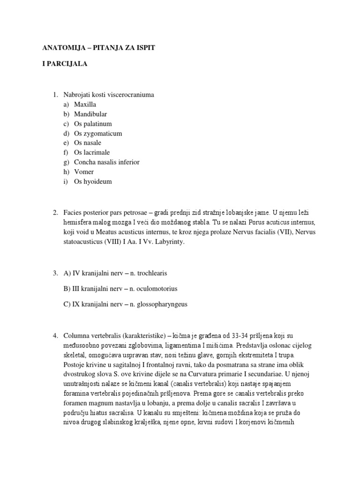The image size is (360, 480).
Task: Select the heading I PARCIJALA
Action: point(63,66)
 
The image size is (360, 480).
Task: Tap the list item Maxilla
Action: point(85,105)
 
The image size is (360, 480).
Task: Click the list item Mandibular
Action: point(90,114)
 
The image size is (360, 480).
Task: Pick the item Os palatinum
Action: point(93,124)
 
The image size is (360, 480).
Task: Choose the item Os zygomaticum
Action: point(98,133)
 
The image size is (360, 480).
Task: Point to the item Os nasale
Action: point(87,143)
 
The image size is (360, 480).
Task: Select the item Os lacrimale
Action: point(91,152)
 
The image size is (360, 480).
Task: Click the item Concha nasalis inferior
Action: point(106,162)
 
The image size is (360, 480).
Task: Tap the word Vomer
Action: point(84,172)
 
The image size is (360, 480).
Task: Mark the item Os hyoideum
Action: point(93,181)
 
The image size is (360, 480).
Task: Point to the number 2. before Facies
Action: point(55,213)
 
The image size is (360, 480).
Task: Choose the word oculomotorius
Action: point(157,288)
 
